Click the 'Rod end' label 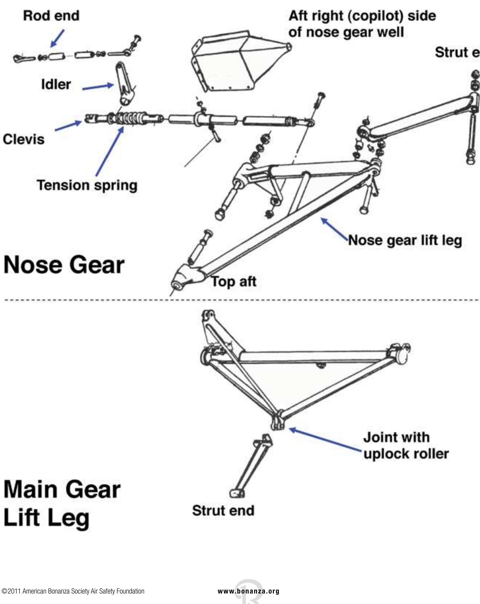point(51,16)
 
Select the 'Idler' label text point(56,84)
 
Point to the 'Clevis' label point(24,139)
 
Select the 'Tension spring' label point(87,185)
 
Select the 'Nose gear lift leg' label point(405,240)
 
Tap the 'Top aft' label point(234,281)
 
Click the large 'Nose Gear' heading point(64,265)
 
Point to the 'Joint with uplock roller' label point(406,445)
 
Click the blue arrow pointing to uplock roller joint point(325,440)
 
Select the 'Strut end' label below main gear point(223,510)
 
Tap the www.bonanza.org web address point(249,591)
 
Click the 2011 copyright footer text point(73,591)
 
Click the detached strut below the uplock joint point(251,465)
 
